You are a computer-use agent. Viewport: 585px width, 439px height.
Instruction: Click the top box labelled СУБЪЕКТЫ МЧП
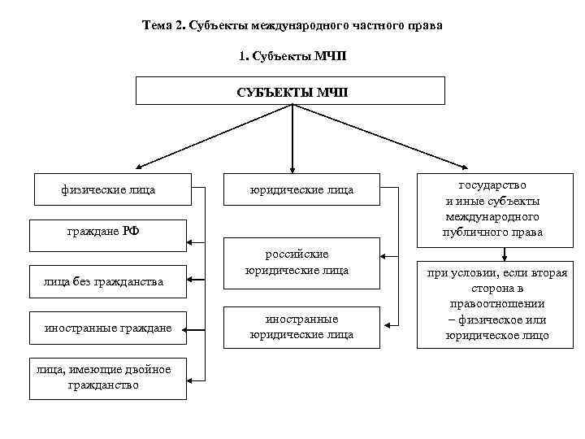[291, 90]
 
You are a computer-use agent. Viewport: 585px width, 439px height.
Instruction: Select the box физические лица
[108, 190]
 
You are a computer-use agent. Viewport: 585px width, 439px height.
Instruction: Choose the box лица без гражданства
[108, 282]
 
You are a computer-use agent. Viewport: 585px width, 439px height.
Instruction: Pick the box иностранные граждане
[108, 328]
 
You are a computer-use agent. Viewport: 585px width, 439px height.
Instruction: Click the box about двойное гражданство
[108, 377]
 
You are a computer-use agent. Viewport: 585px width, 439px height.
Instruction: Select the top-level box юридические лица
[301, 190]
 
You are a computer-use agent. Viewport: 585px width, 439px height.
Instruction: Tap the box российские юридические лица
[301, 262]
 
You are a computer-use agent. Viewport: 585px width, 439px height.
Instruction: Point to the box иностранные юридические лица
[301, 326]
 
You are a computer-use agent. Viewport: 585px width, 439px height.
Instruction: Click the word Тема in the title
[157, 26]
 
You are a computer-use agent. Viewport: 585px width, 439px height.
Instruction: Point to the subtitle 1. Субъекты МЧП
[292, 55]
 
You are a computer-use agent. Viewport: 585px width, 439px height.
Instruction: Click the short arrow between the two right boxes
[505, 254]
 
